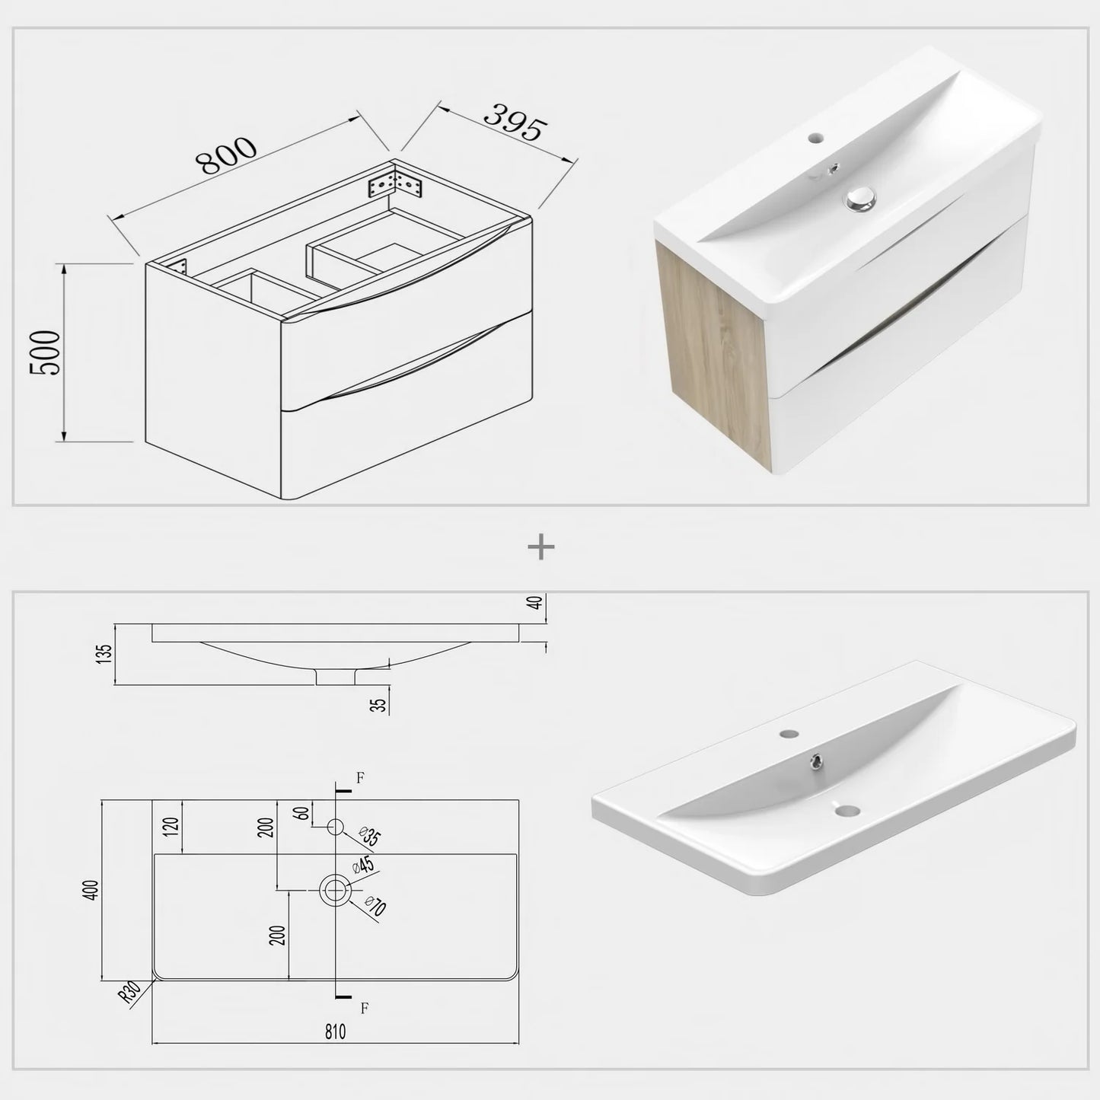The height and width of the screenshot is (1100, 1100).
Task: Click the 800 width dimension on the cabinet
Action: click(226, 156)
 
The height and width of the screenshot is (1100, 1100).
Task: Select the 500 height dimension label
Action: click(45, 352)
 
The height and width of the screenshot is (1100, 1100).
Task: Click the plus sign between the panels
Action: click(541, 547)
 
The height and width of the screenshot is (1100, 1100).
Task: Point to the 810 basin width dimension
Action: click(335, 1031)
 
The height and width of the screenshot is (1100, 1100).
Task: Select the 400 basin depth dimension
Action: click(91, 890)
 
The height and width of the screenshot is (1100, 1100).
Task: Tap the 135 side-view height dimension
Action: click(105, 654)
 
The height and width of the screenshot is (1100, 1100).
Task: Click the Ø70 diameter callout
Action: click(375, 907)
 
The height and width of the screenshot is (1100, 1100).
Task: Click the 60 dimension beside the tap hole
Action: click(302, 814)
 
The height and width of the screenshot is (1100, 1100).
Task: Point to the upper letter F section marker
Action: click(361, 777)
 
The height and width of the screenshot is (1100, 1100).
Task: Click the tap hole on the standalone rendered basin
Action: click(788, 735)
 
